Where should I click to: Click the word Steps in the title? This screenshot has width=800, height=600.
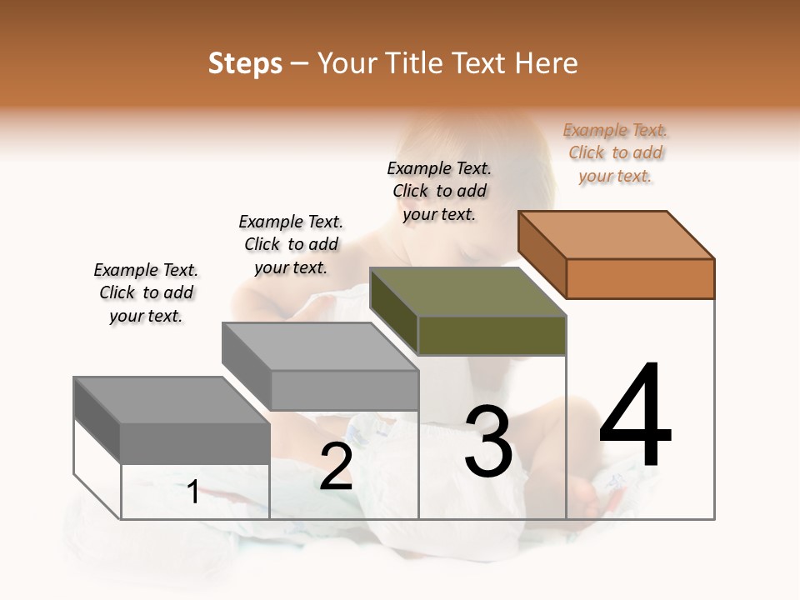click(x=245, y=63)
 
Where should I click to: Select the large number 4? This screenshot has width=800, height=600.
click(x=635, y=416)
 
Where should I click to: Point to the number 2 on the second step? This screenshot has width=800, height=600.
click(x=336, y=467)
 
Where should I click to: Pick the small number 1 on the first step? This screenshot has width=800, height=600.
click(x=193, y=492)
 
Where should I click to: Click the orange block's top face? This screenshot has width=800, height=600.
click(x=617, y=234)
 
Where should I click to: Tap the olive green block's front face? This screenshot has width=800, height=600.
click(x=492, y=336)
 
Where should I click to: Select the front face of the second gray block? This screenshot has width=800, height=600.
click(x=344, y=390)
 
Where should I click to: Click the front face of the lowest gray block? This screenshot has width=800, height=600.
click(x=195, y=443)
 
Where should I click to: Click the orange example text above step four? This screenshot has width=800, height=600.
click(x=616, y=153)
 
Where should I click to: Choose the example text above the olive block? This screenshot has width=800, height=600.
click(x=439, y=191)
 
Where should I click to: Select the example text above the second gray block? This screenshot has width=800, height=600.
click(x=291, y=244)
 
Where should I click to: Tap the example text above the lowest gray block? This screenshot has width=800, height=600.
click(x=146, y=292)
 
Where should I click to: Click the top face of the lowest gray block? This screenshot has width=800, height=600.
click(x=172, y=399)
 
